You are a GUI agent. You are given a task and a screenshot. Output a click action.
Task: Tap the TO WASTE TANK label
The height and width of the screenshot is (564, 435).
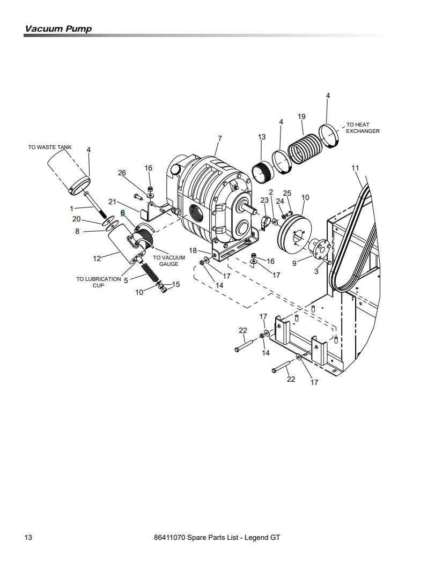coord(50,147)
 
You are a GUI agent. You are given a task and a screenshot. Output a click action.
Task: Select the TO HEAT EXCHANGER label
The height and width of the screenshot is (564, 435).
coord(363,128)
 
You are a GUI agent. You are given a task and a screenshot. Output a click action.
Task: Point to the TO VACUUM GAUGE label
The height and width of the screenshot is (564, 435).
coord(169,261)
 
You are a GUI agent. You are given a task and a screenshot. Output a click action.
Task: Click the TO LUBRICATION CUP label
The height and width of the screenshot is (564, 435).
coord(98,282)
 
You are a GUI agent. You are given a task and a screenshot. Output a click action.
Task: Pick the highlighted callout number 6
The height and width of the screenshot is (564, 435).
coord(123,213)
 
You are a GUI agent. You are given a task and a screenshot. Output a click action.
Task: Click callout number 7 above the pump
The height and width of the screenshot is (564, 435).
coord(219,139)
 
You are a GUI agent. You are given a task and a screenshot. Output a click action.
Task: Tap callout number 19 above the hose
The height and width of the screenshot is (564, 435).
coord(301,116)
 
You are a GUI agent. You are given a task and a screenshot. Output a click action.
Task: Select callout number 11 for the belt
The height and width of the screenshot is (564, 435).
coord(355,168)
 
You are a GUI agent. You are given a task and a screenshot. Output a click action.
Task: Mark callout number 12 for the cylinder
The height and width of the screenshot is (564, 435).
coord(97,259)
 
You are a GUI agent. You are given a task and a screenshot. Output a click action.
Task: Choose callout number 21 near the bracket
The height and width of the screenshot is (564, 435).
coord(112,202)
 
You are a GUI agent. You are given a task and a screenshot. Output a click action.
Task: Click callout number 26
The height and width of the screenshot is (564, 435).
coord(122,173)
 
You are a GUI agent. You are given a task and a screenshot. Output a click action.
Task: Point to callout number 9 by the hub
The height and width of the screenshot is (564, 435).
coord(294,263)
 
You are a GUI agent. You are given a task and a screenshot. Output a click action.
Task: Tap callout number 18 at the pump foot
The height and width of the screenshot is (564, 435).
coord(193,250)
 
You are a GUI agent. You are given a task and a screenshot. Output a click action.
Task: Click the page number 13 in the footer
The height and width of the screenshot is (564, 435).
coord(28,537)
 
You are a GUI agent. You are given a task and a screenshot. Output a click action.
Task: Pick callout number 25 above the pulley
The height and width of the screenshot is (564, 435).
coord(287,193)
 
